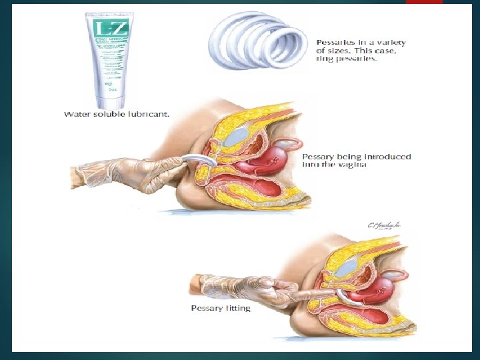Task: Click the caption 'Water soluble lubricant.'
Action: [x=117, y=114]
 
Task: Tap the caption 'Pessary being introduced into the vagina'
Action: [x=357, y=161]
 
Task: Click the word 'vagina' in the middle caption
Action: [x=353, y=165]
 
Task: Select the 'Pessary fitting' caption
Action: [x=221, y=308]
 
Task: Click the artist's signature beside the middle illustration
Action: [x=386, y=226]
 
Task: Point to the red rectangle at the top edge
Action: [x=424, y=2]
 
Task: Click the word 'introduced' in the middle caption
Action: [x=387, y=157]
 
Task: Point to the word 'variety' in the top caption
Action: [x=391, y=42]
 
